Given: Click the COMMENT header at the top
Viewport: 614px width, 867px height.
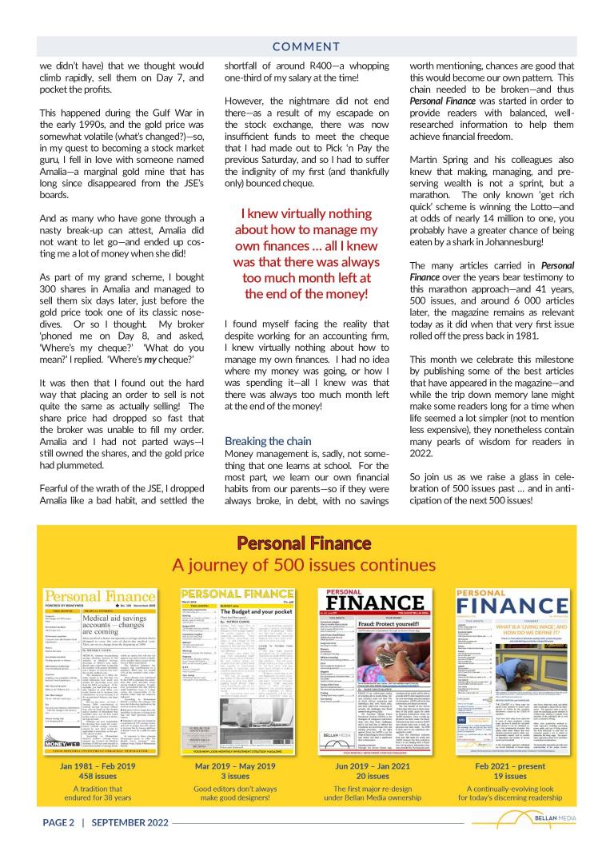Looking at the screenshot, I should [x=306, y=47].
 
